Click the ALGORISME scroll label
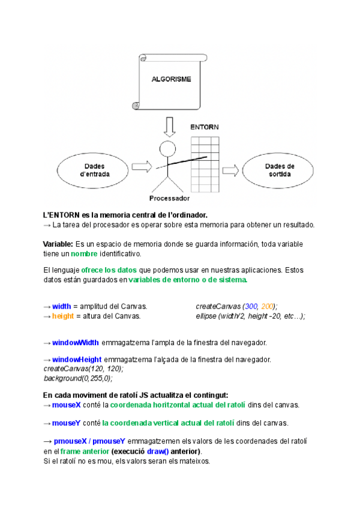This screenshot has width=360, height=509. point(171,79)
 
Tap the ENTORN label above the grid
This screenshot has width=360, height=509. point(204,127)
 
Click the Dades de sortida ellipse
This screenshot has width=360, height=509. point(280,170)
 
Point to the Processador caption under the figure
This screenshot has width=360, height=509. point(169,198)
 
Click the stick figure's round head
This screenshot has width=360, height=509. point(167,148)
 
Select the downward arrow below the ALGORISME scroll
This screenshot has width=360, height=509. point(170,125)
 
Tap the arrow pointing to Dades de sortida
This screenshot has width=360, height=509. point(230,170)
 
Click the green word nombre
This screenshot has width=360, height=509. point(83,254)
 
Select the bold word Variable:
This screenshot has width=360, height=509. point(58,244)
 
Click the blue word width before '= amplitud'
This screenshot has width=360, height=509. point(62,306)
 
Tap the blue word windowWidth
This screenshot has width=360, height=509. point(76,343)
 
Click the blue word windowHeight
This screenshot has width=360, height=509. point(77,360)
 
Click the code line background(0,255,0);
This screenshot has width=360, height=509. point(78,378)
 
